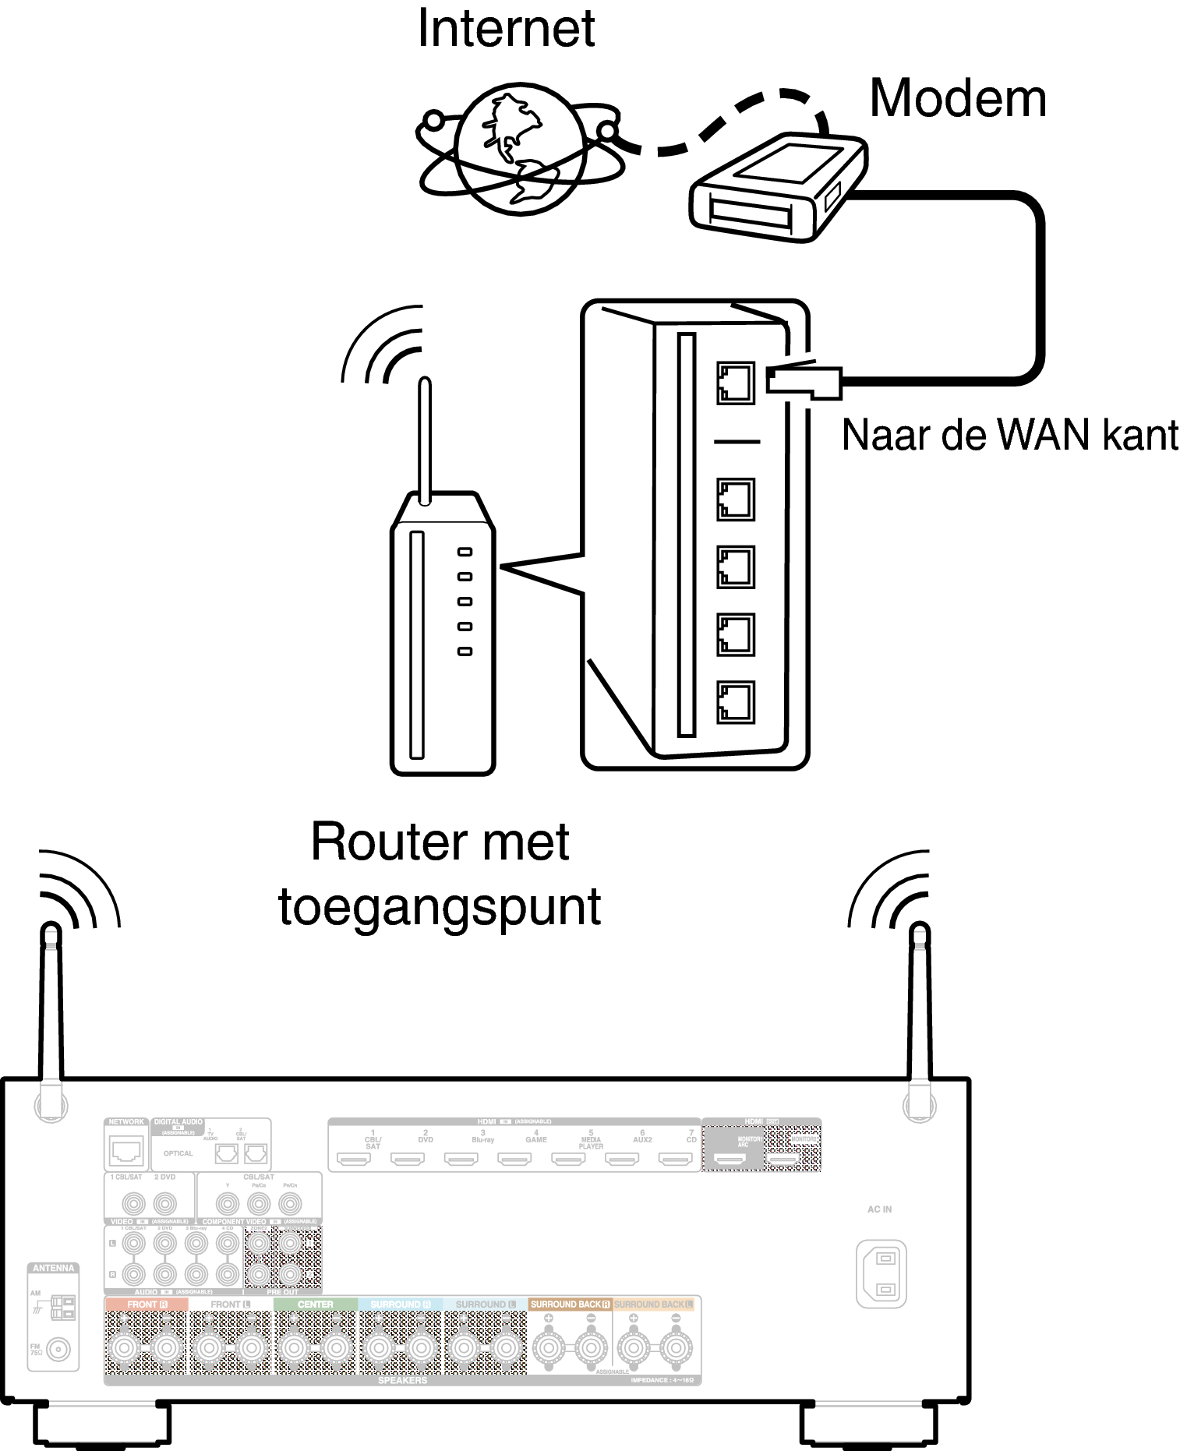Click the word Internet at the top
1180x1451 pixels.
tap(506, 29)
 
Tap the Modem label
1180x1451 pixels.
tap(957, 99)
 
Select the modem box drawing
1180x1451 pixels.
tap(777, 187)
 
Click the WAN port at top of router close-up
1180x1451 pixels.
tap(735, 383)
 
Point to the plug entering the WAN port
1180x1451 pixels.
tap(803, 381)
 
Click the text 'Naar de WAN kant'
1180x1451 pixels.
tap(1009, 435)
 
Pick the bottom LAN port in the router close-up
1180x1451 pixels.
tap(735, 702)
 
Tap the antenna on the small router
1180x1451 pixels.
tap(425, 440)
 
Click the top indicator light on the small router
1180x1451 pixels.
tap(465, 552)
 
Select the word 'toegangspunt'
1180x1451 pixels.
tap(440, 907)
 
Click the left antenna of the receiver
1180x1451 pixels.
tap(51, 1013)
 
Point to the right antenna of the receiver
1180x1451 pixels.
tap(920, 1013)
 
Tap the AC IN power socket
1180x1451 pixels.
tap(881, 1273)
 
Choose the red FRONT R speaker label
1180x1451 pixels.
tap(147, 1304)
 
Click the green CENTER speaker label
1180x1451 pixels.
tap(315, 1304)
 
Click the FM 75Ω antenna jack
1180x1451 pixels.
tap(58, 1349)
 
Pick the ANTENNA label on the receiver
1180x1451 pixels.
tap(53, 1268)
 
